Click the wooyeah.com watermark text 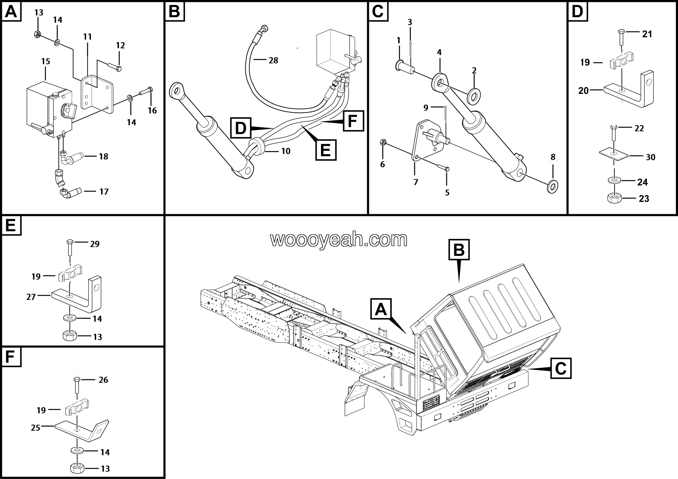339,239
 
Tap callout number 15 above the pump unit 46,61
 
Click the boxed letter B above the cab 459,250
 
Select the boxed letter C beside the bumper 561,368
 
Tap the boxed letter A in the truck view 381,309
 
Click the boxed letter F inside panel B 353,121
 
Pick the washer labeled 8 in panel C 552,186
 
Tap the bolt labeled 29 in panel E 70,248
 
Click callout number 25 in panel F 35,428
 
